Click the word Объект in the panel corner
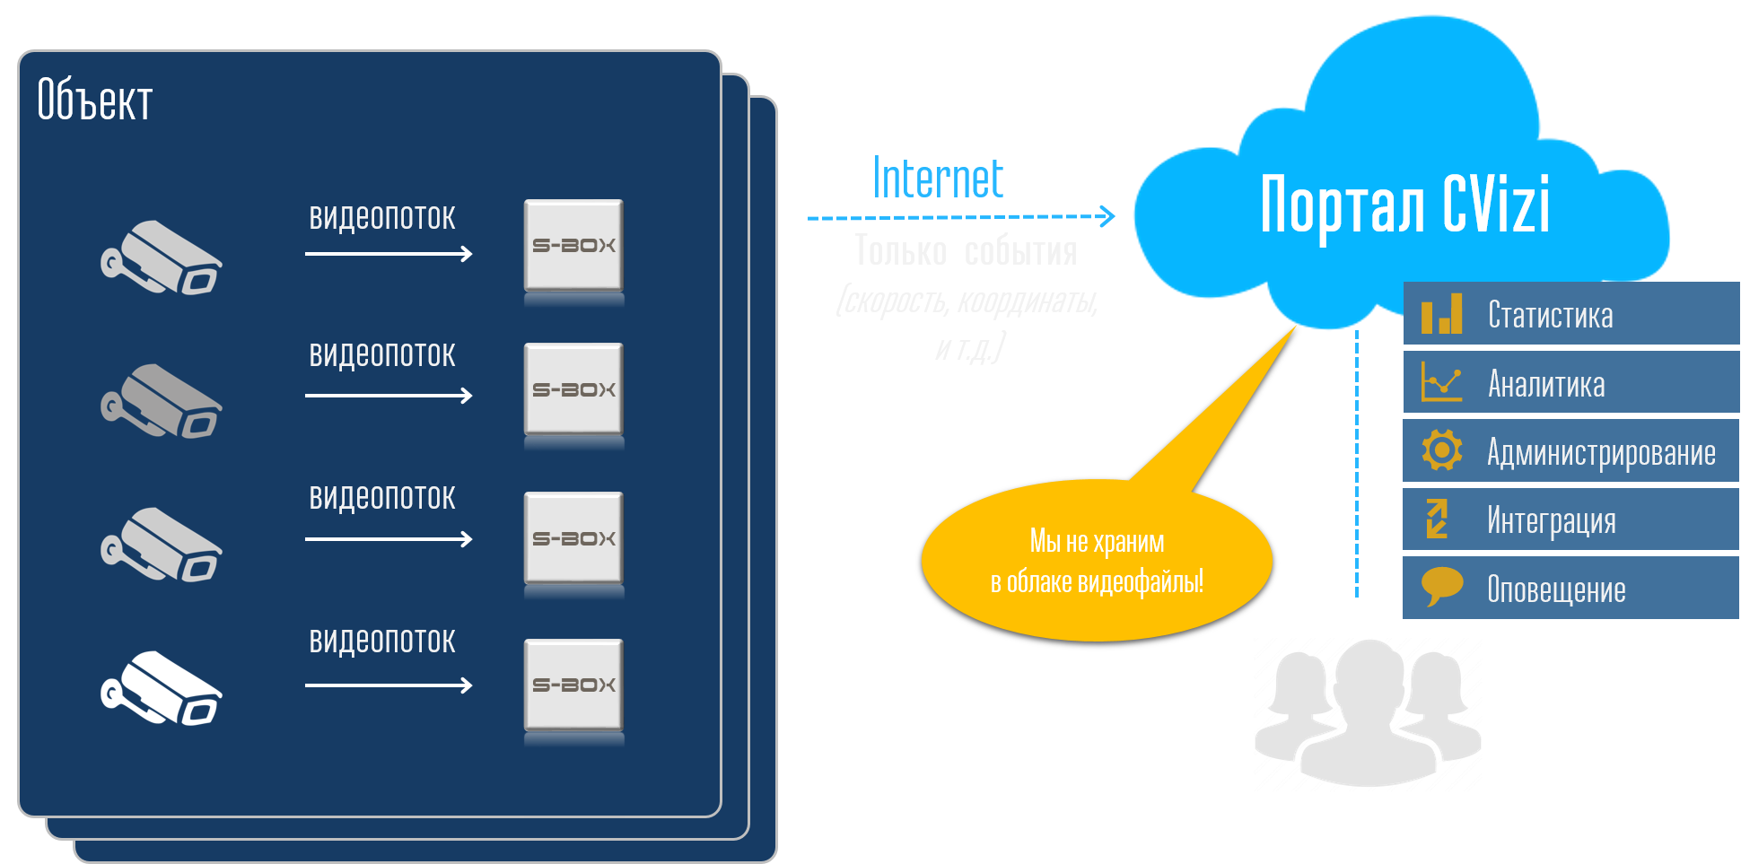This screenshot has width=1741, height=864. point(94,100)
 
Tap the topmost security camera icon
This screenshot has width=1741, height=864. point(162,258)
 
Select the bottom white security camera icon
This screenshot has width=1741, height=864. point(162,688)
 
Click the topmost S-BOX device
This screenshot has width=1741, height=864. point(573,246)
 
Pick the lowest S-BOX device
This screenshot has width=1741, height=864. point(573,685)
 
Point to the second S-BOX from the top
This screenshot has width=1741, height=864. point(573,390)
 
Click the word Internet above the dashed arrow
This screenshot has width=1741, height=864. point(938,179)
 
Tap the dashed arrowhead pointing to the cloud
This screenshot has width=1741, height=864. point(1107,216)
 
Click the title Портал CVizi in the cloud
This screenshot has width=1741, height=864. point(1404,205)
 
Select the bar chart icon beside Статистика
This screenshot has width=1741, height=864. point(1441,314)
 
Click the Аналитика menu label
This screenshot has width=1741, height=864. point(1546,384)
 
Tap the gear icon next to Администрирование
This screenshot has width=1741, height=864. point(1442,449)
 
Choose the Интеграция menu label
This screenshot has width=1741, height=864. point(1551,520)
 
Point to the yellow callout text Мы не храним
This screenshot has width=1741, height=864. point(1097,541)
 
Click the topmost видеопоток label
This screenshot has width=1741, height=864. point(382,218)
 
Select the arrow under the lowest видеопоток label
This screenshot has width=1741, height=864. point(389,685)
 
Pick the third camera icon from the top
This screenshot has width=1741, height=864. point(162,545)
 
